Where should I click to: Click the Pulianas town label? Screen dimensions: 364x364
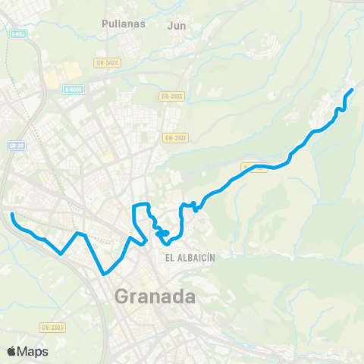click(x=123, y=24)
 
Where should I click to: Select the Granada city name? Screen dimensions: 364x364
click(x=155, y=297)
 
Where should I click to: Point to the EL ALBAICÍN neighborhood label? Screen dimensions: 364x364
click(x=190, y=258)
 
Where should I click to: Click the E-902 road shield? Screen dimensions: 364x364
click(x=18, y=34)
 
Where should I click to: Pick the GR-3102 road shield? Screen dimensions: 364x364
click(x=175, y=137)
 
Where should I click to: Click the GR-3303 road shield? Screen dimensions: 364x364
click(x=52, y=328)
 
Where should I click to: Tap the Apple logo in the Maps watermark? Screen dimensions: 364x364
click(x=12, y=351)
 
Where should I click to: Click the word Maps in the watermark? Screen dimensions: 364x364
click(x=33, y=351)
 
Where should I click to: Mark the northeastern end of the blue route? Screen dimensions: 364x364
click(x=353, y=90)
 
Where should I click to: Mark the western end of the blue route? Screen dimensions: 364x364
click(x=11, y=215)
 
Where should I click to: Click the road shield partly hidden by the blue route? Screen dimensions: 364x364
click(x=253, y=168)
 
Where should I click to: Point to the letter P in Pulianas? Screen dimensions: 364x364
click(x=105, y=24)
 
